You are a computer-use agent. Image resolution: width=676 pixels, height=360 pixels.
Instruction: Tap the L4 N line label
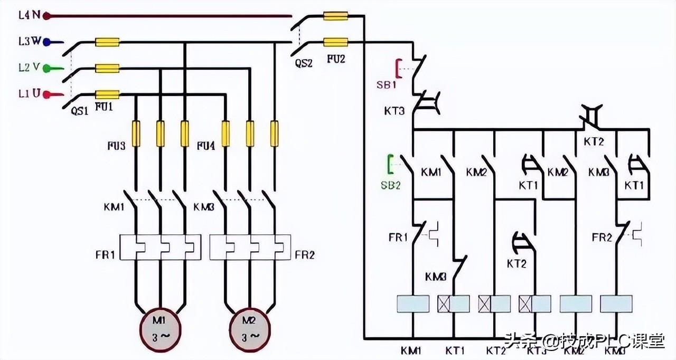click(29, 15)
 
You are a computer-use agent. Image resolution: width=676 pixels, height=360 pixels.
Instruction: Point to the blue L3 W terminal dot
click(46, 42)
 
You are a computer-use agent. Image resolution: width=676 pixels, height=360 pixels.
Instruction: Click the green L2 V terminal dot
click(46, 68)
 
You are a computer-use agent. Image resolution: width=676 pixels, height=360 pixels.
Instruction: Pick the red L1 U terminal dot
click(46, 95)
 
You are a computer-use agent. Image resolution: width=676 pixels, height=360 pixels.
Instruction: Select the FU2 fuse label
click(336, 59)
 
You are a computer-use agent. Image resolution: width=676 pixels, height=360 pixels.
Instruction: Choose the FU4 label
click(206, 145)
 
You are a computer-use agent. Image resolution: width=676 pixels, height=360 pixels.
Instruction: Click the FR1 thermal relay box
click(161, 247)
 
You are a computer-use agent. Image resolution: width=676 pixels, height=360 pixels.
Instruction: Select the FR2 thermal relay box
click(250, 247)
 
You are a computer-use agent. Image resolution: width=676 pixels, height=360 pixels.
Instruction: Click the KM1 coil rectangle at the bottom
click(412, 304)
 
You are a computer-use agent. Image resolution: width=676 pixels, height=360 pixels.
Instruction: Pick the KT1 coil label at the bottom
click(454, 350)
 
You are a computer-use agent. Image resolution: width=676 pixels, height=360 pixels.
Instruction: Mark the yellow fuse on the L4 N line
click(335, 16)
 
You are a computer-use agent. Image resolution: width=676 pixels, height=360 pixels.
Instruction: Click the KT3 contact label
click(395, 111)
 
